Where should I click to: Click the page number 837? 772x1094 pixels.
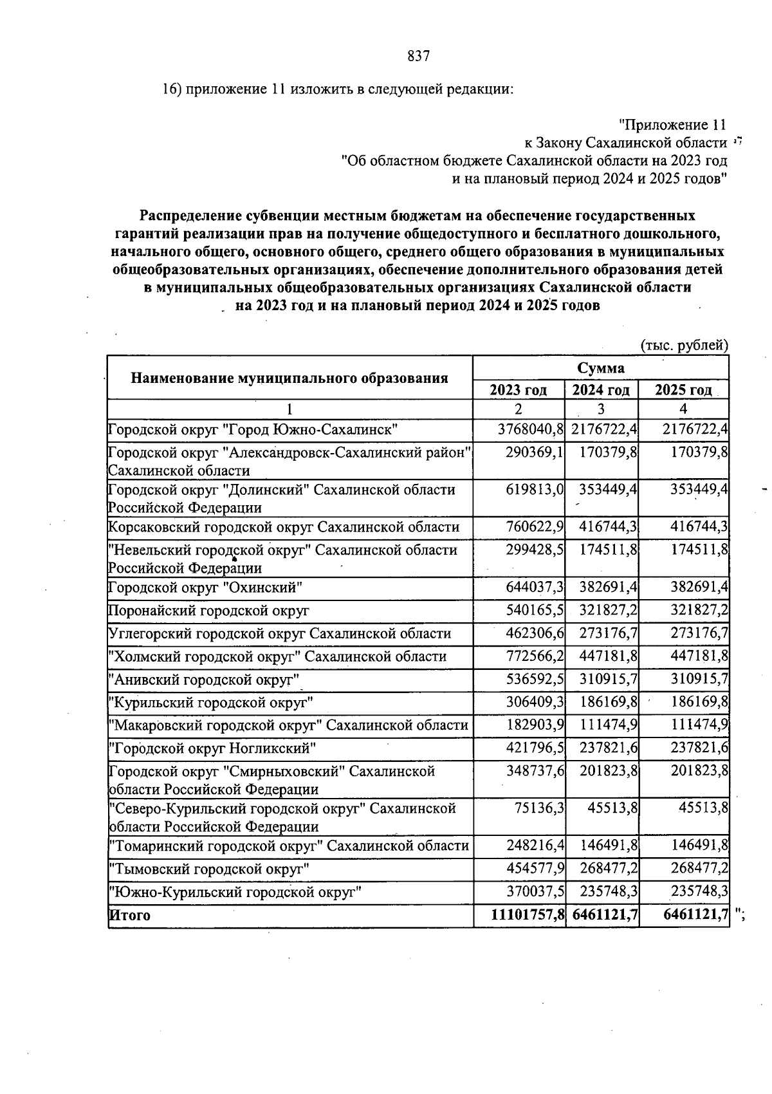click(x=418, y=57)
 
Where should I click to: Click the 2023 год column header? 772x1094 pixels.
click(x=519, y=391)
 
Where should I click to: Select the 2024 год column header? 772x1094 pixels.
click(x=602, y=391)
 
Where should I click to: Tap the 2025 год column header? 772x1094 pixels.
click(x=683, y=391)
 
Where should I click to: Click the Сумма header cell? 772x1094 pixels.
click(x=600, y=368)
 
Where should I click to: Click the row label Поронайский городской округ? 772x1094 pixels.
click(x=208, y=610)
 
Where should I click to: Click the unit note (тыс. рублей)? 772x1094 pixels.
click(x=685, y=346)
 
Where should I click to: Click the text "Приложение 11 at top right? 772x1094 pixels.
click(x=672, y=125)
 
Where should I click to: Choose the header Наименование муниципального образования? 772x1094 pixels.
click(x=289, y=378)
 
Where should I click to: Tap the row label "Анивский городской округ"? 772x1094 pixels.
click(x=205, y=680)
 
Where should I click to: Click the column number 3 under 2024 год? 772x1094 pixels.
click(x=601, y=409)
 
